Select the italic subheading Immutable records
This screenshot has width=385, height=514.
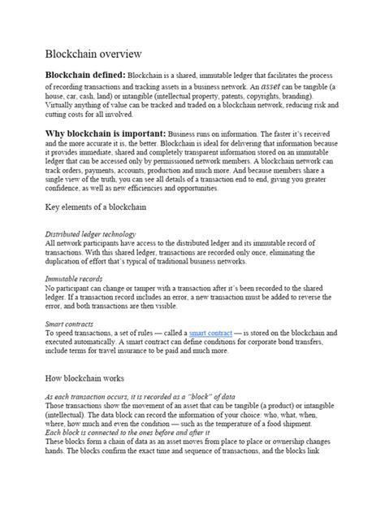click(69, 279)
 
